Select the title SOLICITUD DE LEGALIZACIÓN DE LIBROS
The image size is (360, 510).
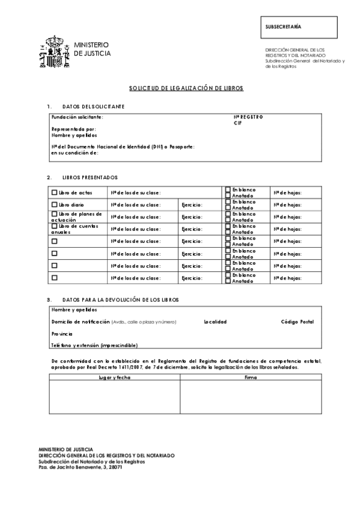(186, 88)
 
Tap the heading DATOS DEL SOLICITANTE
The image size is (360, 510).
(93, 106)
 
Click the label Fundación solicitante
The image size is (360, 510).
(78, 117)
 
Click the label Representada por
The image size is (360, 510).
(74, 129)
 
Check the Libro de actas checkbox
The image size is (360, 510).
(54, 193)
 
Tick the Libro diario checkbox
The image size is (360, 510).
(54, 205)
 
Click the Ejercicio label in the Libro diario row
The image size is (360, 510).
(192, 205)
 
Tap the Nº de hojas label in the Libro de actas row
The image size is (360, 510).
(287, 193)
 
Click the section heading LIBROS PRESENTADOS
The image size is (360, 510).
(90, 177)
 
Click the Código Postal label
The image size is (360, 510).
(297, 322)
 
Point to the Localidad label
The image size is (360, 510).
(215, 322)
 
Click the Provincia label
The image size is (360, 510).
(62, 333)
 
